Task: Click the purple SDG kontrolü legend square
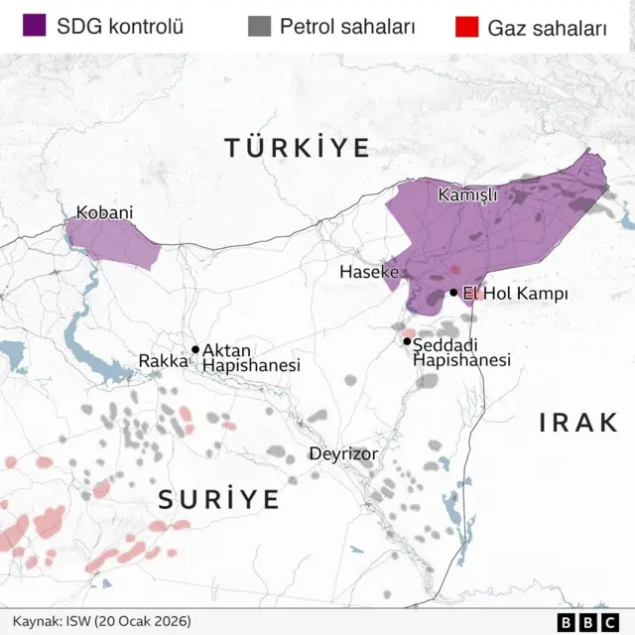[35, 26]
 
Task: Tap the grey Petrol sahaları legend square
[260, 26]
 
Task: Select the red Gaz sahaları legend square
[466, 26]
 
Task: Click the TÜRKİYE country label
[297, 148]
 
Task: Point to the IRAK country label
[578, 423]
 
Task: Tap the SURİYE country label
[219, 500]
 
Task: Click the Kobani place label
[104, 212]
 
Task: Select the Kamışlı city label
[467, 195]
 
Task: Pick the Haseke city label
[368, 271]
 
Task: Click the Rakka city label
[163, 361]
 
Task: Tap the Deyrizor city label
[343, 453]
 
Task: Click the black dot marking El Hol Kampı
[453, 293]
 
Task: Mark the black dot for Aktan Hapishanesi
[195, 349]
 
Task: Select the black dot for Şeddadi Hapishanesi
[407, 341]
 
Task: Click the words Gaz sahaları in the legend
[547, 28]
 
